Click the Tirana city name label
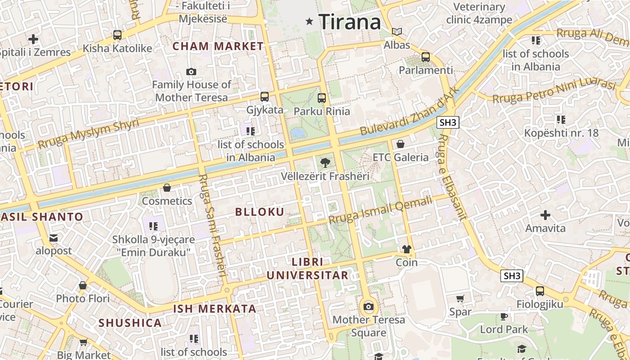(350, 22)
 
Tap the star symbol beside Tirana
(309, 21)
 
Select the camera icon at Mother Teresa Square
(369, 307)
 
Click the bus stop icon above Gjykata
(265, 96)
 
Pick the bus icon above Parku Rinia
(321, 98)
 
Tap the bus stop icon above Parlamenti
(425, 57)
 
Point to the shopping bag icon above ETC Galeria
(400, 144)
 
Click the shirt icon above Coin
(406, 249)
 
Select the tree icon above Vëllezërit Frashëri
(325, 163)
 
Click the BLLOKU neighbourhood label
(260, 212)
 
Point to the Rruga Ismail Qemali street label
(380, 210)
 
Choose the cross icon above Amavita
(545, 215)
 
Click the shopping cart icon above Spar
(460, 298)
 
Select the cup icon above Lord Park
(504, 316)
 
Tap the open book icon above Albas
(396, 31)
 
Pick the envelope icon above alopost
(54, 238)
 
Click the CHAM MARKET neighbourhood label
(218, 46)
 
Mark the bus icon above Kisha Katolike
(117, 35)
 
